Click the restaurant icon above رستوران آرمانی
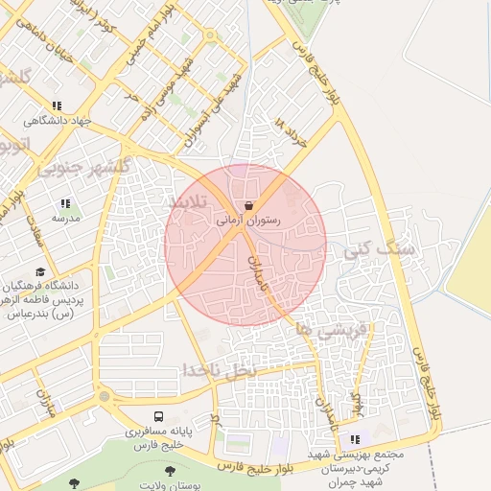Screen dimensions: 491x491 coord(249,206)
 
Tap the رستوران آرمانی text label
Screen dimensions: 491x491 coord(248,221)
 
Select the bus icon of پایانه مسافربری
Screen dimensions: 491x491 coord(158,417)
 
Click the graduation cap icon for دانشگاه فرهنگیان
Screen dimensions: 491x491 coord(39,272)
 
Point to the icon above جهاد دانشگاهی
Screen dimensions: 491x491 coord(57,105)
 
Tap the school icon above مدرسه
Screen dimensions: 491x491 coord(65,203)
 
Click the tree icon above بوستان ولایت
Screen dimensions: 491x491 coord(170,471)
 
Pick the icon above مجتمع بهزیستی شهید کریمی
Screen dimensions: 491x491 coord(356,439)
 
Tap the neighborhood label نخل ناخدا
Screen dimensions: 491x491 coord(222,369)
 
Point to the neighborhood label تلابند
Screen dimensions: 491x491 coord(189,202)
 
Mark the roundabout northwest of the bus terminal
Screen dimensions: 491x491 coord(105,396)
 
